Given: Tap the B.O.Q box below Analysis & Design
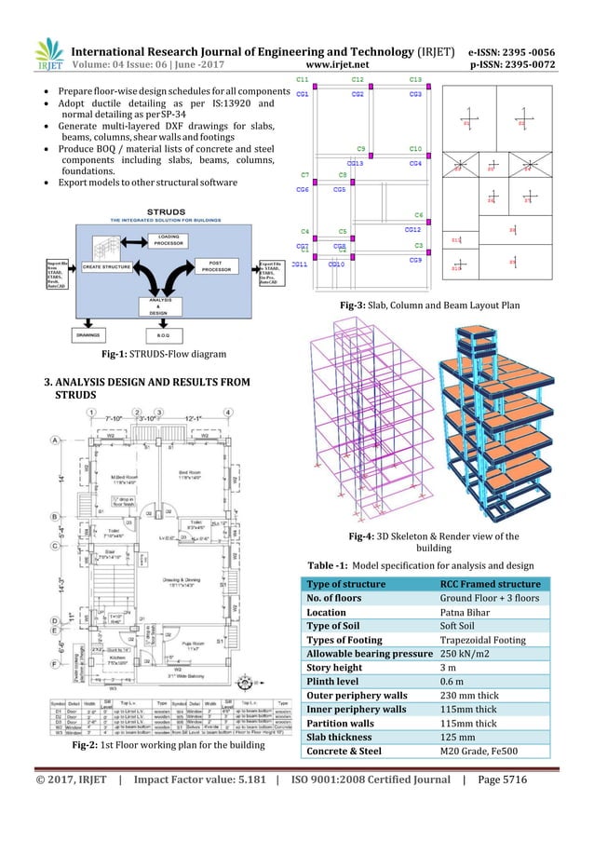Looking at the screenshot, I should (163, 334).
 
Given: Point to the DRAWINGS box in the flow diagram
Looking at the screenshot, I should (88, 334).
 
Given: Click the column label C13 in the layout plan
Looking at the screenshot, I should (415, 80).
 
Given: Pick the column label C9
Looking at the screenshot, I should (361, 149).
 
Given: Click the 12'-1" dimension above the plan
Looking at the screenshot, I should (196, 418).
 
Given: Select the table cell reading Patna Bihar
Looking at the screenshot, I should (463, 612).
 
